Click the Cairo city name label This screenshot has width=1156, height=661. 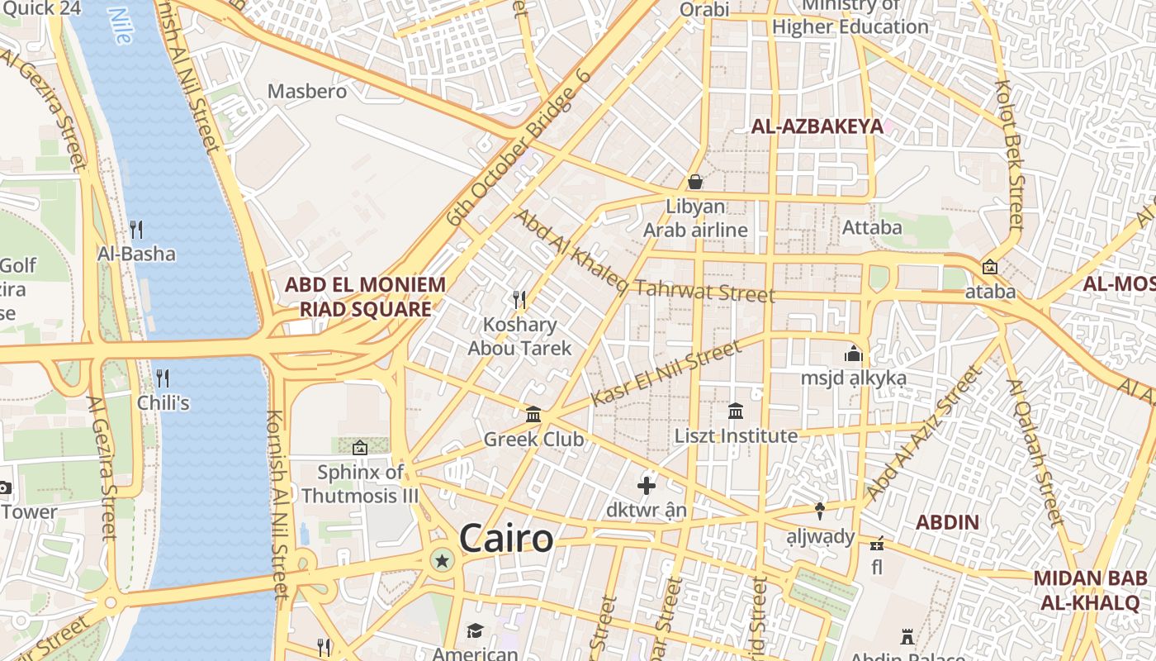506,539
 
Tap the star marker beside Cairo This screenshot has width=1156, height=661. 443,562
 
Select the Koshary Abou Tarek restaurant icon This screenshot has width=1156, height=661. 519,300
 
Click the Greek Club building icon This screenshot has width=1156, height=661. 533,414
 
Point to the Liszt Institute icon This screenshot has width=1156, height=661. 736,411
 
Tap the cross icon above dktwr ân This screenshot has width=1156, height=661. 647,486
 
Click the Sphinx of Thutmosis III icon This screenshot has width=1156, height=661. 360,448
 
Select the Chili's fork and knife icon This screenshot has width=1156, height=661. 163,378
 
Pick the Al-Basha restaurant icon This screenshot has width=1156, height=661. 136,229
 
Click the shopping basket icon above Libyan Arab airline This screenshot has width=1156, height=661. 695,181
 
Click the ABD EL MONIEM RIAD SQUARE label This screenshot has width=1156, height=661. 365,297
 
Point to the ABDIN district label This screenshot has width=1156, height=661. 947,522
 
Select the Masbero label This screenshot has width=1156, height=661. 307,91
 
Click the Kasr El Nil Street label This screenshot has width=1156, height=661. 666,374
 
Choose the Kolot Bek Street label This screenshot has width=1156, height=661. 1010,155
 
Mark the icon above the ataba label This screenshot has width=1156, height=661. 989,267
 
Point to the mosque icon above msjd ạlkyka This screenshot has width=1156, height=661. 853,354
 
